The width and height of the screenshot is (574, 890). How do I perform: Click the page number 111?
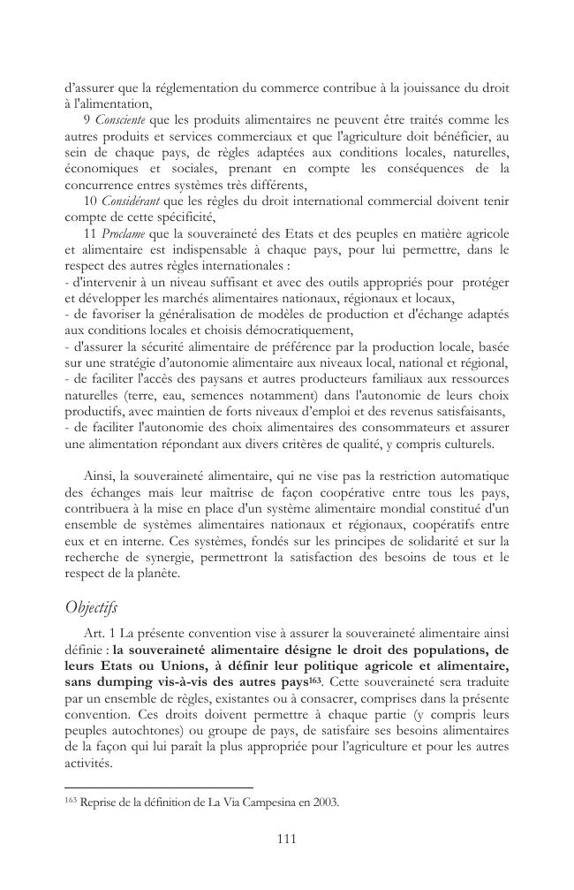(287, 839)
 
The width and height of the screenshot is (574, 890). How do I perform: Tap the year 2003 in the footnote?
(325, 803)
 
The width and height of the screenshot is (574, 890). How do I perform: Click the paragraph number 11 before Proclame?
(89, 232)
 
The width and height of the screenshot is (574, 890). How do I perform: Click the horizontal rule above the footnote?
(159, 787)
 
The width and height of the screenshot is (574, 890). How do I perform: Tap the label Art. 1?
(98, 635)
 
